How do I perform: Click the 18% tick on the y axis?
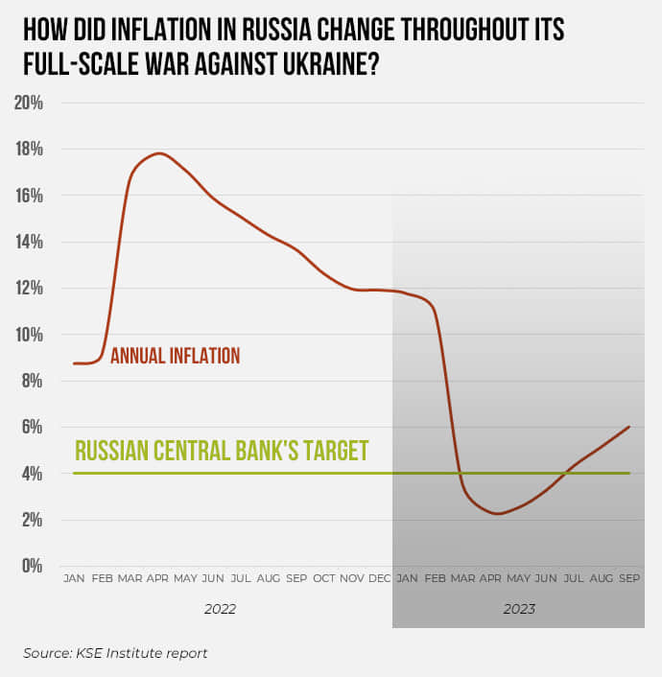coord(28,149)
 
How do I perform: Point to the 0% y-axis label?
coord(32,566)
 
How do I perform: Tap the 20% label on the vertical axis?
coord(28,103)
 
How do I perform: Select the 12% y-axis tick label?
coord(28,288)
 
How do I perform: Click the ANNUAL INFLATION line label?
coord(175,356)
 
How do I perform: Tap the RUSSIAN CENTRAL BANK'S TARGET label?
coord(222,451)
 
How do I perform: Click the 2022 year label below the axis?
coord(220,609)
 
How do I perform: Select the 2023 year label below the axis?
coord(518,609)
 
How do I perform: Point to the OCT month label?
coord(324,578)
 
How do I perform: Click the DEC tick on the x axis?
coord(380,578)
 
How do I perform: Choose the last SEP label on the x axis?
coord(629,578)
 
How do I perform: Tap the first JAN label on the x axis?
coord(73,578)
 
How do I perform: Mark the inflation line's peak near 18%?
coord(159,153)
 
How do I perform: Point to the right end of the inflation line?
coord(629,427)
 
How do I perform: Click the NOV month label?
coord(352,578)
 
